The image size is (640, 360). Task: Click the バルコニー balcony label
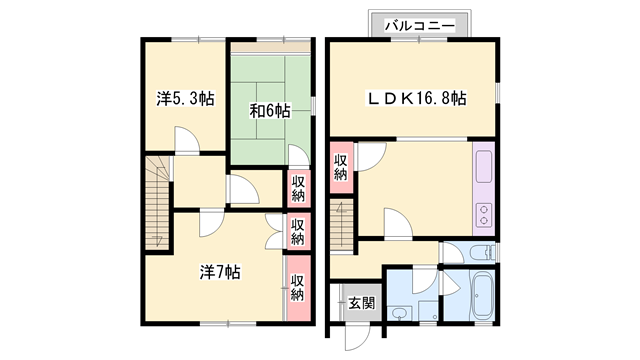pyautogui.click(x=420, y=26)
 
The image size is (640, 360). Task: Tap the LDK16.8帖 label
pyautogui.click(x=417, y=98)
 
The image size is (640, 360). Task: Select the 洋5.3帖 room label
pyautogui.click(x=185, y=99)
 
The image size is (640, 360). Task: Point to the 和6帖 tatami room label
pyautogui.click(x=270, y=111)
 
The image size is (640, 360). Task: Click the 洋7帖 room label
pyautogui.click(x=220, y=272)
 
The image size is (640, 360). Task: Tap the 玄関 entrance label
pyautogui.click(x=362, y=303)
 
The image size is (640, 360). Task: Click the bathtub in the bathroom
pyautogui.click(x=482, y=295)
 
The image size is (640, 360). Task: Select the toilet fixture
pyautogui.click(x=482, y=254)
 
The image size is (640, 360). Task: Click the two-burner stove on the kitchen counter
pyautogui.click(x=484, y=215)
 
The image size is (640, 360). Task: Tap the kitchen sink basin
pyautogui.click(x=484, y=167)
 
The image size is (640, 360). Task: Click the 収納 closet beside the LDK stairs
pyautogui.click(x=341, y=167)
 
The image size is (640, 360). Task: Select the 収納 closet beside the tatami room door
pyautogui.click(x=298, y=189)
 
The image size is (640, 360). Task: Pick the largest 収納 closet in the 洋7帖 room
pyautogui.click(x=298, y=287)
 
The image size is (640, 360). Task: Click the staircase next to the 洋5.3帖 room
pyautogui.click(x=157, y=202)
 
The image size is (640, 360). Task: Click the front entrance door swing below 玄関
pyautogui.click(x=357, y=336)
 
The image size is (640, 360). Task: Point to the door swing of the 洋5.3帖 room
pyautogui.click(x=187, y=139)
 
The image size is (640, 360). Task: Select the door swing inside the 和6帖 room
pyautogui.click(x=298, y=155)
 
